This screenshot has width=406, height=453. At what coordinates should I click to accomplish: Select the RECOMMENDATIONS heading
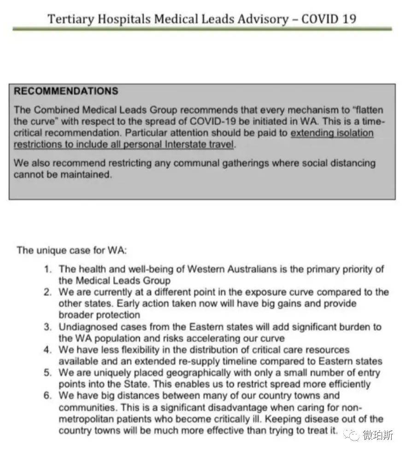click(x=66, y=91)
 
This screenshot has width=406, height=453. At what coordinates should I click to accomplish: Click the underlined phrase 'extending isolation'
click(x=332, y=133)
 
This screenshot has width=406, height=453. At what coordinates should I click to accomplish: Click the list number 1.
click(x=48, y=269)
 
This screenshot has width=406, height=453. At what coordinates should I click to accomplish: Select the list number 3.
click(x=47, y=327)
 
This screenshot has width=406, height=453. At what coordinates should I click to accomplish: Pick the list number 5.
click(x=47, y=373)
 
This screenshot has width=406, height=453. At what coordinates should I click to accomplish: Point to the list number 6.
click(x=47, y=396)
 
